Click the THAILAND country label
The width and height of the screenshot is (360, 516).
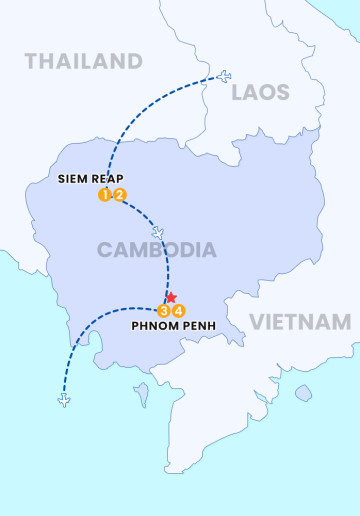coord(84,62)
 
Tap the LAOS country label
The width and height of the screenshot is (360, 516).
coord(260,93)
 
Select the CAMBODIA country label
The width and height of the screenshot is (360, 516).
coord(156,250)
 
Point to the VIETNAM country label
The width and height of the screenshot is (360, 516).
coord(300,322)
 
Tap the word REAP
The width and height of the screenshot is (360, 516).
coord(111,180)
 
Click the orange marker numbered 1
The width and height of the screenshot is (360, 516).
coord(104,195)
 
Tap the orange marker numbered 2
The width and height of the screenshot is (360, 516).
coord(119,195)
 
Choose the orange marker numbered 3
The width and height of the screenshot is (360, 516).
coord(164,310)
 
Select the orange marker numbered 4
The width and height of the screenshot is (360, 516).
coord(179,310)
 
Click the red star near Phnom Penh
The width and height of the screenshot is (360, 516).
coord(171,297)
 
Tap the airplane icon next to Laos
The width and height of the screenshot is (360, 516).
coord(223,77)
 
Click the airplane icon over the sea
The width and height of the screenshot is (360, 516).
coord(65,401)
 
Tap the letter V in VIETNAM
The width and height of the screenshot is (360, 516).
coord(257,322)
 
